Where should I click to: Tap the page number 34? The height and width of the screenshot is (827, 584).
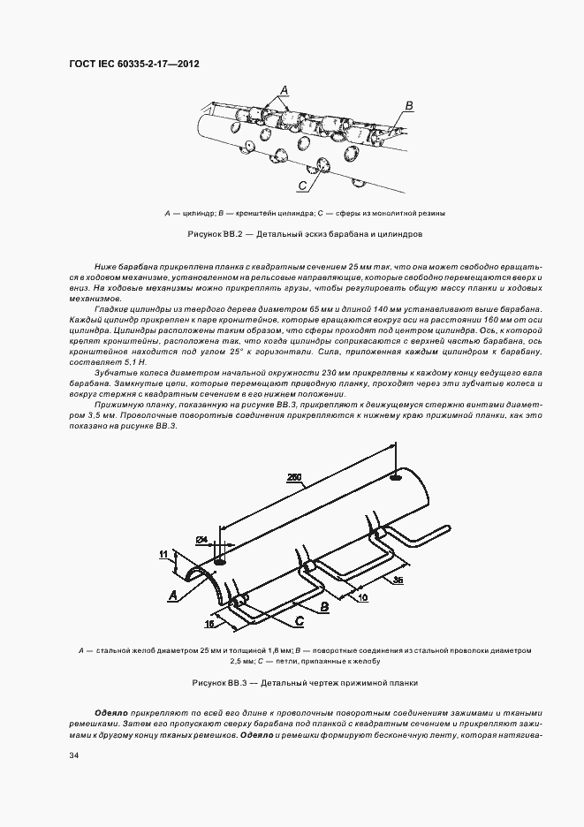pos(73,755)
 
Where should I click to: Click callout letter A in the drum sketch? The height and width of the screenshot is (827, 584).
pos(284,89)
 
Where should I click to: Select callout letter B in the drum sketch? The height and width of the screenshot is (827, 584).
pos(408,106)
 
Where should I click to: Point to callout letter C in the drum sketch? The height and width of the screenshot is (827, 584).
pos(301,186)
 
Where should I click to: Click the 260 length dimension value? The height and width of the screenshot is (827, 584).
pos(294,478)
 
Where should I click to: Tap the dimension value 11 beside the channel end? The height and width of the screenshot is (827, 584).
pos(163,554)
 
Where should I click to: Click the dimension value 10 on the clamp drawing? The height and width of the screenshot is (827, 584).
pos(362,597)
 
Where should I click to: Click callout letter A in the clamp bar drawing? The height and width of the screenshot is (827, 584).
pos(174,596)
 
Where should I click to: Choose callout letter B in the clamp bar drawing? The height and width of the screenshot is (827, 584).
pos(324,607)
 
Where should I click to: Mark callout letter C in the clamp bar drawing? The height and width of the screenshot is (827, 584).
pos(300,623)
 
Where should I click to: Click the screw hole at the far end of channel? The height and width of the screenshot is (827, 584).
pos(394,478)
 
